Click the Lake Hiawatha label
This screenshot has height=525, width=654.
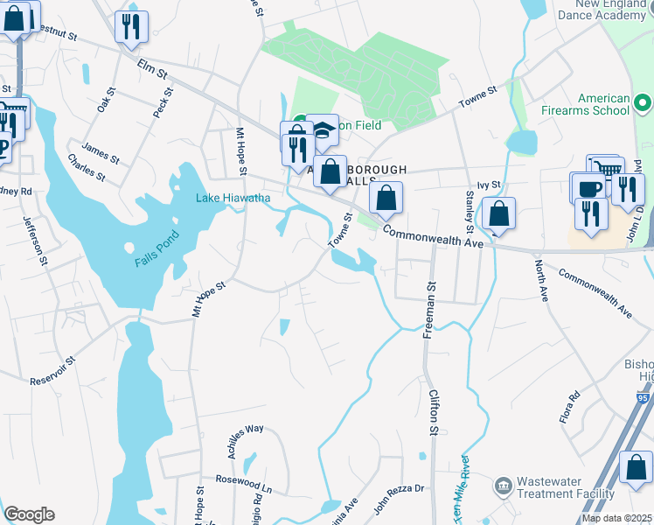(233, 199)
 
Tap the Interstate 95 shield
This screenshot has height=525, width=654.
(644, 398)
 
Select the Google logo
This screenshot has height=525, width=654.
(29, 514)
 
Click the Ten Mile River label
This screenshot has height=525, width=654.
(461, 496)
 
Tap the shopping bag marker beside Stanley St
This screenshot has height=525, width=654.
(498, 213)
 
